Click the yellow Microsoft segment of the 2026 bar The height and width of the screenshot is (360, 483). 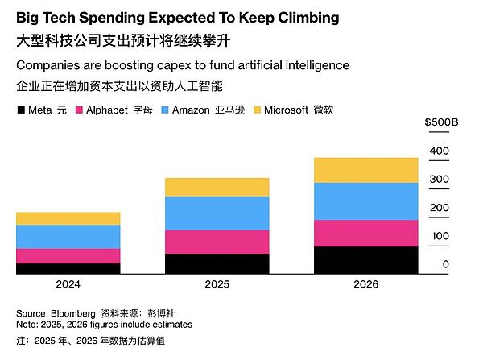pos(365,170)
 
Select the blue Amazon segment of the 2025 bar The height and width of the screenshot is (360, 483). pos(217,213)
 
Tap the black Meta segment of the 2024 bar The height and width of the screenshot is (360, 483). pos(68,268)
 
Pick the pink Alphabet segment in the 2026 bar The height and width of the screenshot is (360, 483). pos(365,233)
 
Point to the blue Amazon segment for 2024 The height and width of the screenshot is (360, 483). pos(68,236)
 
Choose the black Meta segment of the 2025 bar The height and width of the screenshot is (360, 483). pos(217,264)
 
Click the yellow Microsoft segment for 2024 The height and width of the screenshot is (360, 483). pos(68,218)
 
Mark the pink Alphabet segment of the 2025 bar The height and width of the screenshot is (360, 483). pos(217,242)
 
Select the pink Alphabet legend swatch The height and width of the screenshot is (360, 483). pos(79,110)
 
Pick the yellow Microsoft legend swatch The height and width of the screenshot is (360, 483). pos(258,110)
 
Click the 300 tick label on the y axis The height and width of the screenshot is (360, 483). pos(439,179)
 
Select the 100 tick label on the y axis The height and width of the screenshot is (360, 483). pos(439,236)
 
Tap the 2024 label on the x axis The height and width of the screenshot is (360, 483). pos(68,284)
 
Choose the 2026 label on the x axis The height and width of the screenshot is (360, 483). pos(365,284)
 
